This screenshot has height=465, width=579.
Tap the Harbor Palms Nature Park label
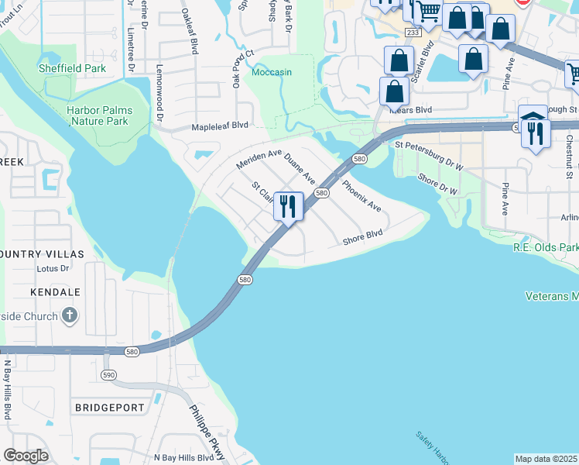coord(98,115)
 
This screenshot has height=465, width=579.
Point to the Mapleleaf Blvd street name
coord(220,125)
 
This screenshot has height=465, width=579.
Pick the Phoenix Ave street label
coord(361,196)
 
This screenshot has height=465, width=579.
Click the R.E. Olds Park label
coord(546,247)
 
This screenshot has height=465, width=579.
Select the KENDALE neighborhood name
coord(55,291)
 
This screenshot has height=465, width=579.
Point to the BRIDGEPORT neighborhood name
coord(109,407)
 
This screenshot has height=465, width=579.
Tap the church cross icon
coord(70,315)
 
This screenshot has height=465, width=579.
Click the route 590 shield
coord(108,374)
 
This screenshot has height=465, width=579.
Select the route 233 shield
coord(413,33)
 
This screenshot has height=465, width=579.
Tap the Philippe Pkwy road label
coord(207,432)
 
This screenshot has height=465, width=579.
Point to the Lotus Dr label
coord(53,269)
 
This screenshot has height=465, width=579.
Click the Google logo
coord(26,456)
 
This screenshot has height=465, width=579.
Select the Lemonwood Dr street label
coord(160,93)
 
